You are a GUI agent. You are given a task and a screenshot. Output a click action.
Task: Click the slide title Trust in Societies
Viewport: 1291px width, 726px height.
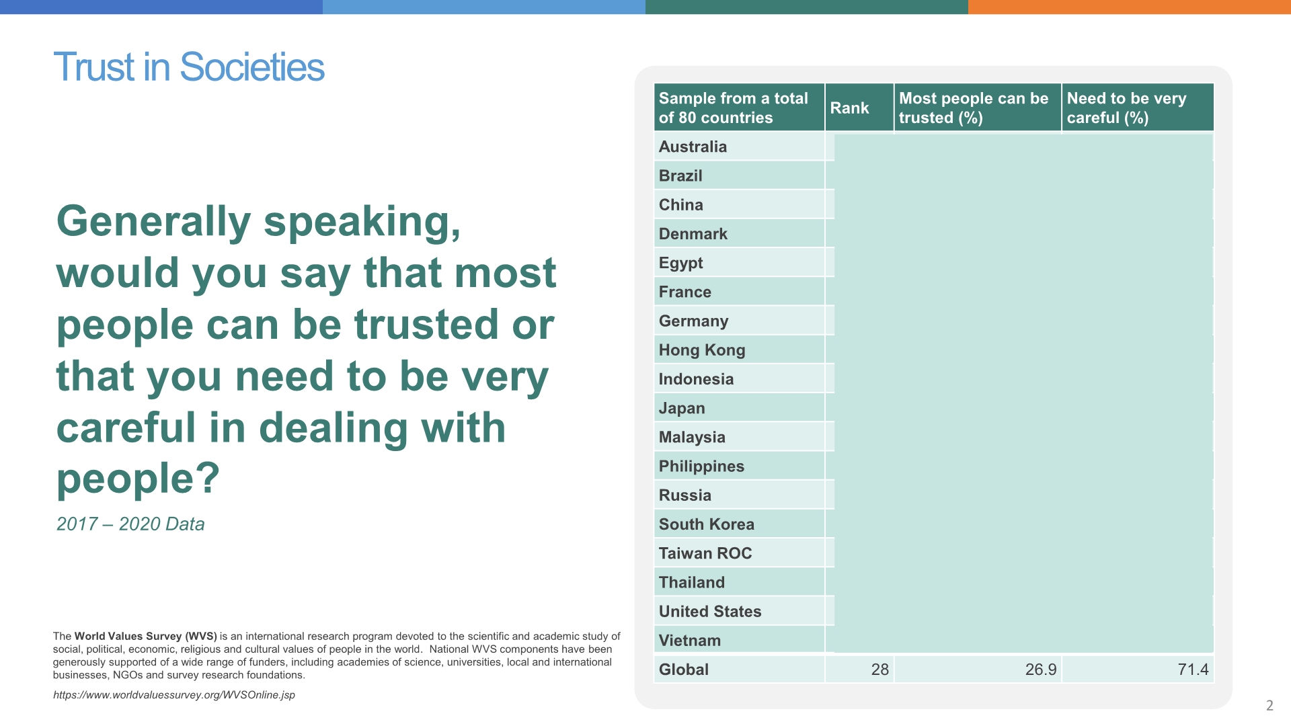[x=189, y=67]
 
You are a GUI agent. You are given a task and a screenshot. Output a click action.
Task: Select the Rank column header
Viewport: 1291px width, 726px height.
[x=849, y=108]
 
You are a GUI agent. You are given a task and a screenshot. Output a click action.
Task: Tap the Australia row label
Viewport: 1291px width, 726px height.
[x=693, y=147]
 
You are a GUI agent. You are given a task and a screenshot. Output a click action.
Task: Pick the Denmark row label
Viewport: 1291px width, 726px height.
[x=693, y=234]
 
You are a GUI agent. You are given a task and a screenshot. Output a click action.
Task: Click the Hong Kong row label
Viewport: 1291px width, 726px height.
[x=702, y=350]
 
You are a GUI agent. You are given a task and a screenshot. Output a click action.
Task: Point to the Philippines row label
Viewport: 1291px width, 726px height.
[x=701, y=467]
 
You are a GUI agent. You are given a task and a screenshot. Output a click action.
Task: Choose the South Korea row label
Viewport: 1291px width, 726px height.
[x=706, y=524]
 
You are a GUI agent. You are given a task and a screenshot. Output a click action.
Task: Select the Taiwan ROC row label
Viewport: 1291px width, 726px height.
[x=705, y=553]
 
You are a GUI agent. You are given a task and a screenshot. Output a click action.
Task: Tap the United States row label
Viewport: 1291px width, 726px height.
[x=710, y=612]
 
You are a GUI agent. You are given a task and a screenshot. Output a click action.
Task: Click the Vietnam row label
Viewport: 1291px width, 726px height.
[x=689, y=641]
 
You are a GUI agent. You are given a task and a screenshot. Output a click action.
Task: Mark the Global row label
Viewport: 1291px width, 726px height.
[x=684, y=670]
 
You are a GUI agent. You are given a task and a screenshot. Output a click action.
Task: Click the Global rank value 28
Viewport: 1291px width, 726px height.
[x=879, y=670]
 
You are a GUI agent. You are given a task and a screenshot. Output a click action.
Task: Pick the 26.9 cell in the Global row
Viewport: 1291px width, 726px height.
[x=1041, y=670]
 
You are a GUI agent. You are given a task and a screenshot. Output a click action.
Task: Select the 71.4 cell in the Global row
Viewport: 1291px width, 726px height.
[x=1193, y=670]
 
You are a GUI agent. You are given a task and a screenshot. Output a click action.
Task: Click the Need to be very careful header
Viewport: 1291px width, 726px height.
[x=1126, y=108]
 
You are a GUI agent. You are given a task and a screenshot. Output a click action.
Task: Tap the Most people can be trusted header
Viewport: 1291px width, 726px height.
[x=974, y=108]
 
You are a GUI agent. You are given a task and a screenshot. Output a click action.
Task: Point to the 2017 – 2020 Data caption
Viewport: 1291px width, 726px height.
[x=130, y=524]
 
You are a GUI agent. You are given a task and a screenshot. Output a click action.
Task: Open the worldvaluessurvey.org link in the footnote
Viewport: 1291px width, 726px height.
[x=174, y=695]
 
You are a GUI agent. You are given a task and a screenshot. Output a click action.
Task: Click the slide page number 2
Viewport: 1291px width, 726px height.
[x=1269, y=705]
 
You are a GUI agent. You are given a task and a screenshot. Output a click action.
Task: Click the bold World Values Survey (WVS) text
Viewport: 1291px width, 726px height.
[x=145, y=636]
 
